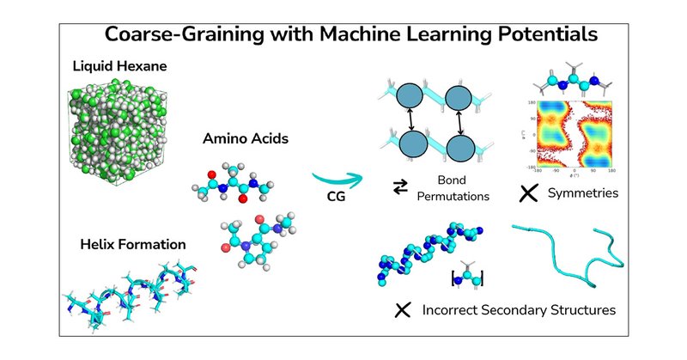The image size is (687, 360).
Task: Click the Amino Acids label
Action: click(x=240, y=137)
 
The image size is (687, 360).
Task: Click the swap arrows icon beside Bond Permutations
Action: click(x=400, y=189)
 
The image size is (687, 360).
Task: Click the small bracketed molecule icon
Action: click(x=468, y=275)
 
